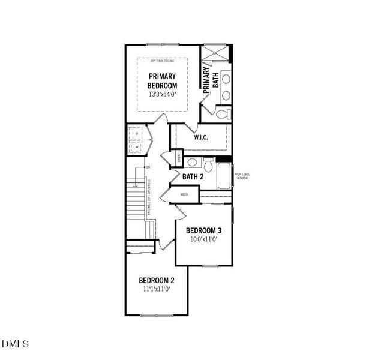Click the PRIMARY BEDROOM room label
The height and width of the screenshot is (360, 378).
click(x=163, y=81)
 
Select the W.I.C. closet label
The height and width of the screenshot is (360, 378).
click(x=200, y=137)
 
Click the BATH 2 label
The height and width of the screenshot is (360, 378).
click(x=193, y=176)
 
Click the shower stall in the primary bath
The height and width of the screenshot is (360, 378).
click(x=215, y=55)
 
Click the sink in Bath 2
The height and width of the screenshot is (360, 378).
click(x=191, y=162)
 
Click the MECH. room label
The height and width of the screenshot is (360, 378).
click(x=184, y=194)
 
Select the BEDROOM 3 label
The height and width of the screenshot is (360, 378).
click(x=203, y=230)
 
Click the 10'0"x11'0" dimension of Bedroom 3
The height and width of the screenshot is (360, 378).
click(x=203, y=239)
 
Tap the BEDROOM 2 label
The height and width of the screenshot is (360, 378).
click(x=157, y=280)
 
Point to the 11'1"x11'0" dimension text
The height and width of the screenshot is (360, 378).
click(x=157, y=289)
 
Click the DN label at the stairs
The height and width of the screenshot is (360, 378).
click(x=147, y=167)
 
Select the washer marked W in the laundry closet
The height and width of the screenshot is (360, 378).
click(x=136, y=146)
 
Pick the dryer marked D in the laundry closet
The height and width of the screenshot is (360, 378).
click(x=136, y=133)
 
